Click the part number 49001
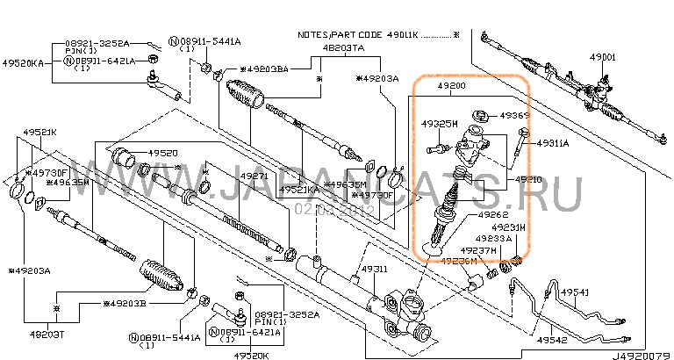coord(603,57)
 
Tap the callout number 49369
coord(515,115)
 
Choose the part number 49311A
coord(553,142)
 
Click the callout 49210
coord(528,179)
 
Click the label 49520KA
coord(21,64)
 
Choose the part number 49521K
coord(39,132)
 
